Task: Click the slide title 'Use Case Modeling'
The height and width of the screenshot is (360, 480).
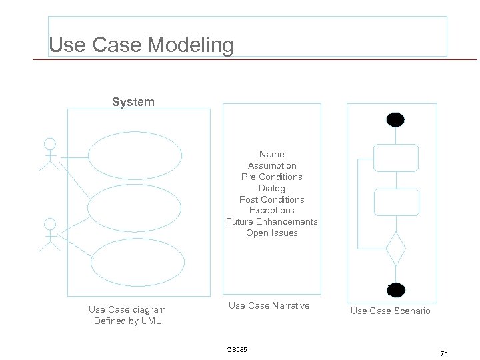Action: [141, 45]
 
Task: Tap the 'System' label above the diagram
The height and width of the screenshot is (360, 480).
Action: [133, 102]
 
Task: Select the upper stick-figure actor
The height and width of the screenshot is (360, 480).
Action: [49, 155]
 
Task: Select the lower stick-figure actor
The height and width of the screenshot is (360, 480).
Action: [49, 235]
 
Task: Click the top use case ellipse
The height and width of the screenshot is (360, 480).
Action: [135, 157]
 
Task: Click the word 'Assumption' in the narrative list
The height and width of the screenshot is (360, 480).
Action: [272, 165]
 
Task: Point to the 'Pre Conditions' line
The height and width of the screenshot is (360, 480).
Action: [272, 177]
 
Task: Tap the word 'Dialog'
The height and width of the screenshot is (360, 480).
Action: [272, 188]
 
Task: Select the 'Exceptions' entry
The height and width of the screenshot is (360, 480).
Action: [272, 211]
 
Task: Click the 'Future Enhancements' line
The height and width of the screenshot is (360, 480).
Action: [272, 222]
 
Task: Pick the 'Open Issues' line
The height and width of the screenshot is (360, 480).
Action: [272, 233]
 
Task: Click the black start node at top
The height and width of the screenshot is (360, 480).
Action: [395, 120]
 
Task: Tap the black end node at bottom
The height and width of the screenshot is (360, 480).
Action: [396, 289]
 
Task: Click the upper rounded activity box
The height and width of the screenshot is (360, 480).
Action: [395, 158]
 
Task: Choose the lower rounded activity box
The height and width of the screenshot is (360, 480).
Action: [395, 202]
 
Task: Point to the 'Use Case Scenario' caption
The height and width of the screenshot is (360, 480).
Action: [391, 311]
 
